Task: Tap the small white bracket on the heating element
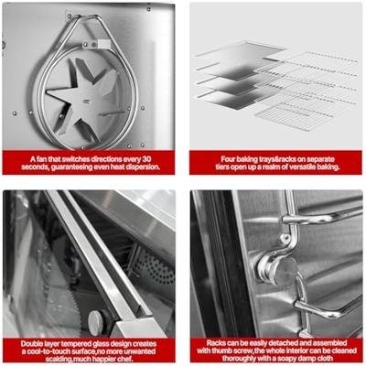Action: point(102,44)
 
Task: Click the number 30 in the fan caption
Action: point(146,159)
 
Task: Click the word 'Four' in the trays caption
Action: point(228,159)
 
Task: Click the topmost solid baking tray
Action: point(241,49)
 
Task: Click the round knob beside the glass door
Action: point(96,323)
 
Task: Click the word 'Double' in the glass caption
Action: point(31,344)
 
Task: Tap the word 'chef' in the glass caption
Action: point(126,359)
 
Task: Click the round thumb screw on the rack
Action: point(278,270)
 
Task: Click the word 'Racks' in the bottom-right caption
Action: point(216,343)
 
